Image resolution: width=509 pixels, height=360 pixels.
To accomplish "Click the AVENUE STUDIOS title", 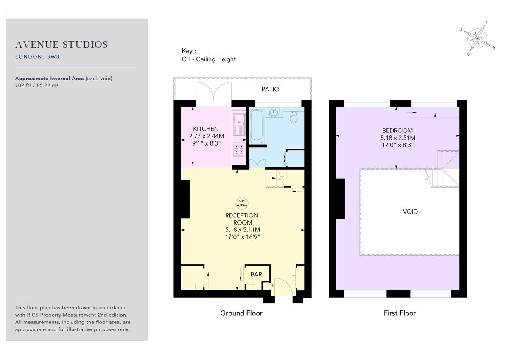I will [62, 45].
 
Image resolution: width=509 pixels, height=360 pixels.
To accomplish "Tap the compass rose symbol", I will [478, 38].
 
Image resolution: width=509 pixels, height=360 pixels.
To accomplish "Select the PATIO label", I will [270, 89].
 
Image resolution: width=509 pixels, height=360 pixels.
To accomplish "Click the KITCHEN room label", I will [206, 129].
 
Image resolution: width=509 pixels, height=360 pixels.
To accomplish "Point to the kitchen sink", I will [239, 124].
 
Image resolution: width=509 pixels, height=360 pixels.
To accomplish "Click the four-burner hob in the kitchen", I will [239, 149].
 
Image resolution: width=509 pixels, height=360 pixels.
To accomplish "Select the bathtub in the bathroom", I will [257, 126].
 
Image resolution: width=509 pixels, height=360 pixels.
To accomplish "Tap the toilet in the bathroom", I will [294, 117].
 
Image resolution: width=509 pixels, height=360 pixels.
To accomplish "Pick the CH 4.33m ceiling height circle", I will [242, 203].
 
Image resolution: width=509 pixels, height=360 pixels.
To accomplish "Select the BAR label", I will [256, 274].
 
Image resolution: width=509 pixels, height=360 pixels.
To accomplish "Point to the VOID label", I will [410, 211].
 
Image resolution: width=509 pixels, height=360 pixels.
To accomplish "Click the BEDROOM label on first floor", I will [397, 130].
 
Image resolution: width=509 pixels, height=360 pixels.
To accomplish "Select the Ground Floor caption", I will [241, 313].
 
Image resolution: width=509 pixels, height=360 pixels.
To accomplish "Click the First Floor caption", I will [400, 313].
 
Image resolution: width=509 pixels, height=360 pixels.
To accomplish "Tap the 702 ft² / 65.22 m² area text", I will [37, 85].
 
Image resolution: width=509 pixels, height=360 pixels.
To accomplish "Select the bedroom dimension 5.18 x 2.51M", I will [397, 138].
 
